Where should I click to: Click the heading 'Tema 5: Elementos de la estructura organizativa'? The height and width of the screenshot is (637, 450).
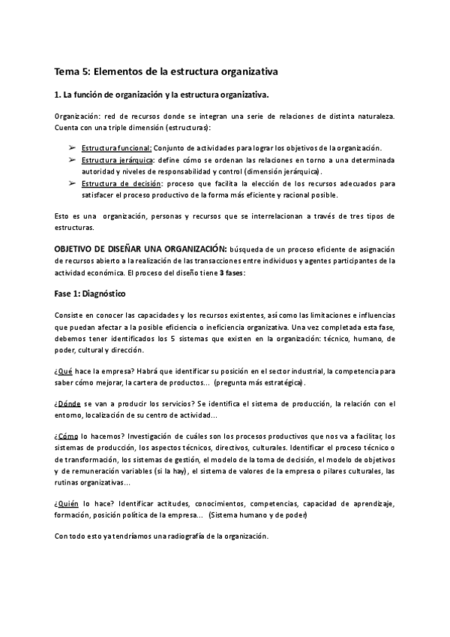[166, 72]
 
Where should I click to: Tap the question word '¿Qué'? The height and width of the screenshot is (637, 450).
[64, 370]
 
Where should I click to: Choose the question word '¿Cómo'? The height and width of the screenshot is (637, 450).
[67, 436]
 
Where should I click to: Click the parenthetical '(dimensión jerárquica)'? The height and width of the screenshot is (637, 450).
[276, 172]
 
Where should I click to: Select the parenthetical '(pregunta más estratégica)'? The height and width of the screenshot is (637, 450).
[259, 382]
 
